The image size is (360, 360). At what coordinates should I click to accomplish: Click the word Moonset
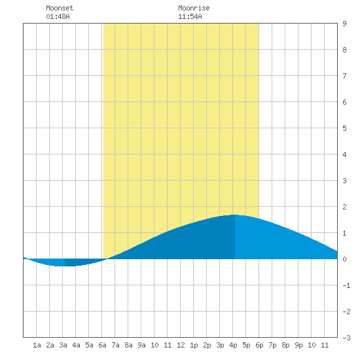pos(60,8)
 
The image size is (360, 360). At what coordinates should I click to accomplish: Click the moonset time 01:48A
pos(58,16)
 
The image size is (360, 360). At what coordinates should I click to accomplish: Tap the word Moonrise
pos(194,8)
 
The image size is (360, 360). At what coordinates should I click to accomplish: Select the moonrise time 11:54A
pos(190,16)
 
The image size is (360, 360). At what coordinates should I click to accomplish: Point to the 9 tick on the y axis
pos(344,24)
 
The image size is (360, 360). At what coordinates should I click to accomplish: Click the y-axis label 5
pos(344,128)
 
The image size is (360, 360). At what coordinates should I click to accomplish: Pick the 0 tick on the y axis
pos(344,259)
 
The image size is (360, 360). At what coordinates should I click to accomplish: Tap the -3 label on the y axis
pos(346,338)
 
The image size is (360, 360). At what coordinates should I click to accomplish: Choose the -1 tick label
pos(346,285)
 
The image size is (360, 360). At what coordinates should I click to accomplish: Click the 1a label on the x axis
pos(37,345)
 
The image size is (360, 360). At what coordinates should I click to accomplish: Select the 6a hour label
pos(102,345)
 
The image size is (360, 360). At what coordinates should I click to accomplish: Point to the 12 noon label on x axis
pos(181,345)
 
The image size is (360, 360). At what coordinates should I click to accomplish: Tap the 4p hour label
pos(233,345)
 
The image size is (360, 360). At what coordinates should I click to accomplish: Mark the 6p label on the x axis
pos(259,345)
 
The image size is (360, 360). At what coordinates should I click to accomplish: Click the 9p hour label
pos(298,345)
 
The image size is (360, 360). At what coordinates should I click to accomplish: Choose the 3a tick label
pos(63,345)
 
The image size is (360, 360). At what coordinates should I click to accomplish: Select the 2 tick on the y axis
pos(344,207)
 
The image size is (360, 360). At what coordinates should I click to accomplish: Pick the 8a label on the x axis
pos(128,345)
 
